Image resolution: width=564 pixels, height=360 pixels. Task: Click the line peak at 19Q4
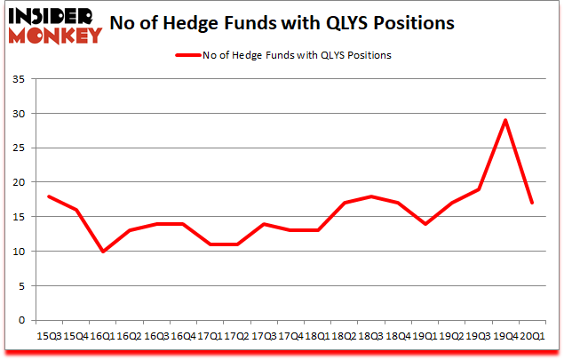[505, 120]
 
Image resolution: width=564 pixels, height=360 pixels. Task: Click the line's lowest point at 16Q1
[105, 252]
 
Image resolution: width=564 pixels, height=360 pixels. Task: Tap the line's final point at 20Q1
[531, 203]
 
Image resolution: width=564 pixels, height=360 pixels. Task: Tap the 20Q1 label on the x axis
[531, 336]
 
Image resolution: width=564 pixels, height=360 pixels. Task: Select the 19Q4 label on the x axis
[505, 336]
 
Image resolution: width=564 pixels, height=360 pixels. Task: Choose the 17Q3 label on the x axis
[265, 336]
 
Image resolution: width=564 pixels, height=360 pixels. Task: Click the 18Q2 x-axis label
[345, 336]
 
